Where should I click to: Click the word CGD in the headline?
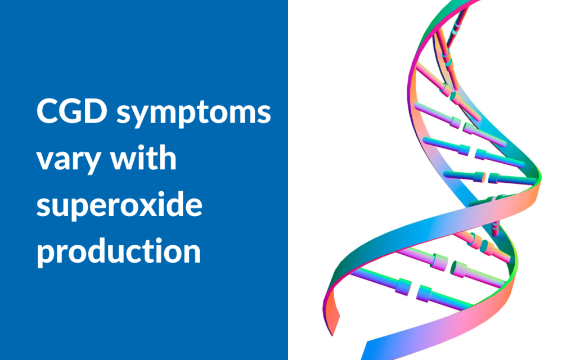70,112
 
